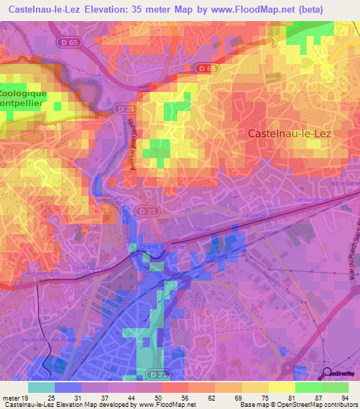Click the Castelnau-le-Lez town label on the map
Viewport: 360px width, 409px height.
click(289, 132)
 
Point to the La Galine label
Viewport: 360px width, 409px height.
click(251, 214)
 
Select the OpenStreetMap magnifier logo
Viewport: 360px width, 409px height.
click(328, 373)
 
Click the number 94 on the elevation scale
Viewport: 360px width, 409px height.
click(345, 397)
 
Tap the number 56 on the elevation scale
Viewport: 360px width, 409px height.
click(182, 397)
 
